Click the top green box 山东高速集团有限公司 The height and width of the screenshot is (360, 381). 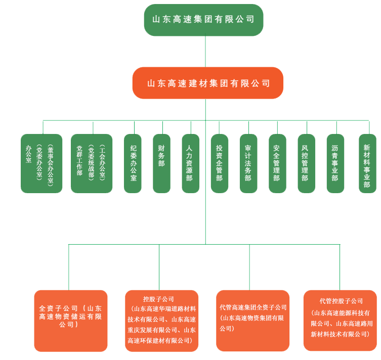[203, 20]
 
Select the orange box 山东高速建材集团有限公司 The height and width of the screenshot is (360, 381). [207, 83]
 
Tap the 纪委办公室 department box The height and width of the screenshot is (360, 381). [133, 163]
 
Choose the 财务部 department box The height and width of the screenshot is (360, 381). [161, 163]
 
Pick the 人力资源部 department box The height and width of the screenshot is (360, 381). [190, 163]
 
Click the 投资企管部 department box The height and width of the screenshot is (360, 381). [219, 163]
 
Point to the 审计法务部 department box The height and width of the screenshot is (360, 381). [248, 163]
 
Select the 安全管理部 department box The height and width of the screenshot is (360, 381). [277, 163]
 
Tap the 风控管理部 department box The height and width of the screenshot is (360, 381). [306, 163]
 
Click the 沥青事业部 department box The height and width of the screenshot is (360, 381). [335, 163]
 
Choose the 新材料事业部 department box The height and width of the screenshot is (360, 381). [367, 163]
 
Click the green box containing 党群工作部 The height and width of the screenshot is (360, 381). [92, 163]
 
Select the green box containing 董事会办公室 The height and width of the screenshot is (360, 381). [41, 163]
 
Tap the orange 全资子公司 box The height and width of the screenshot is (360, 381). [71, 321]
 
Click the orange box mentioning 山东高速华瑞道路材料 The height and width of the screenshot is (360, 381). [161, 321]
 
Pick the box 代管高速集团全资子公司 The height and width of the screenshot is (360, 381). [252, 321]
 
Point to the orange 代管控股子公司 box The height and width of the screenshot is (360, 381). [340, 321]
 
